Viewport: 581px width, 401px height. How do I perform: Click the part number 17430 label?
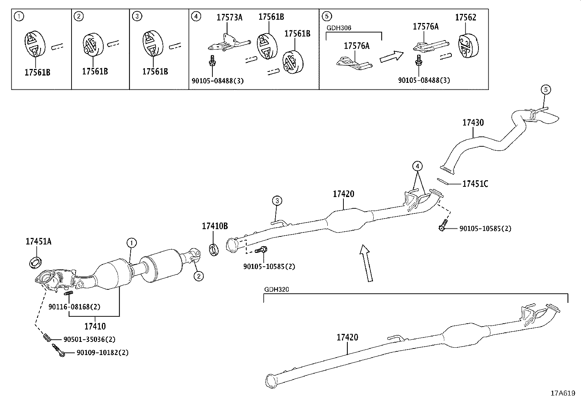[473, 123]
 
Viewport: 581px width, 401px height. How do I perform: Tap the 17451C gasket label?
[475, 184]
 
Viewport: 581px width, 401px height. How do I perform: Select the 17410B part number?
[215, 226]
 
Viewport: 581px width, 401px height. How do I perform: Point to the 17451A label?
[38, 241]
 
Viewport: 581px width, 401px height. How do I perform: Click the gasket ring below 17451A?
[36, 262]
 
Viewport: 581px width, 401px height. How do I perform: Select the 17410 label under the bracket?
[95, 326]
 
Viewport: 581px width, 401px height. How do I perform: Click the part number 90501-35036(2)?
[89, 339]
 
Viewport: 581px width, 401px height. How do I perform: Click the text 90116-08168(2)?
[74, 307]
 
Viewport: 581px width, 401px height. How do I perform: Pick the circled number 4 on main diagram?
[418, 166]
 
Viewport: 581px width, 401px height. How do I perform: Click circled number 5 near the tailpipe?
[546, 89]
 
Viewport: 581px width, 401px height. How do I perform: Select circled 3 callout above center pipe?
[277, 200]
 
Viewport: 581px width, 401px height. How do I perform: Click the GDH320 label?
[276, 289]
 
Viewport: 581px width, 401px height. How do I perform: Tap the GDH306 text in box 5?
[339, 28]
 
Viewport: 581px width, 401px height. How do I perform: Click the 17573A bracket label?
[229, 17]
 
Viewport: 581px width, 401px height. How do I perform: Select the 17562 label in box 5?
[465, 17]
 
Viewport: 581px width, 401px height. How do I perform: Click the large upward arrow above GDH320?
[366, 263]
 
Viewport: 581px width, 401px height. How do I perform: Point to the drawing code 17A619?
[563, 393]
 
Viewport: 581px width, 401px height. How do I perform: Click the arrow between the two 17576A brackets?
[391, 57]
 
